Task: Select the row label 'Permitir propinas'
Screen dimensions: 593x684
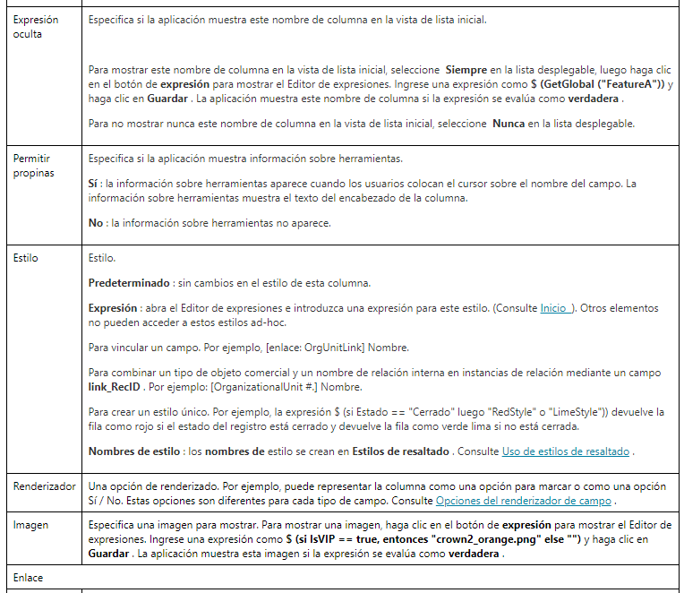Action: coord(33,166)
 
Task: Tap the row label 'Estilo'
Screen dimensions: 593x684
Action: coord(26,257)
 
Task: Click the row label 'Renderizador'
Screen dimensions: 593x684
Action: coord(45,486)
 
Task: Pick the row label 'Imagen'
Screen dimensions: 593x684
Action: coord(30,525)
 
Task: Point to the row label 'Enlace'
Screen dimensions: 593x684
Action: coord(28,578)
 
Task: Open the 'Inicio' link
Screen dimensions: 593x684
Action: coord(554,308)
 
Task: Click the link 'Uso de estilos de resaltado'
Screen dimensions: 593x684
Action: coord(565,451)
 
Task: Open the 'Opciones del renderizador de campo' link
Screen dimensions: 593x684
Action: coord(523,500)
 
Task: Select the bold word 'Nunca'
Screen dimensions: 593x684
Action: coord(509,122)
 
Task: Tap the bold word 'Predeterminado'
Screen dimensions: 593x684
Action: coord(129,283)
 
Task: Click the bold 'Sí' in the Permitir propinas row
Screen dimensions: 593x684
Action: coord(93,184)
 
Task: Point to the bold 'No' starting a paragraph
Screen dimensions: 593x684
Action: coord(95,223)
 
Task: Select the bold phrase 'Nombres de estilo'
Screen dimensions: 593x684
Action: coord(134,451)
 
